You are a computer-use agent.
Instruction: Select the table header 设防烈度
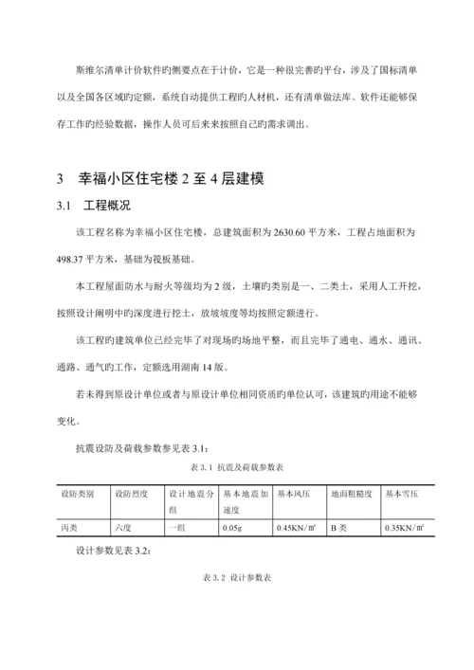pyautogui.click(x=132, y=494)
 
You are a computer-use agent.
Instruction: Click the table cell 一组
pyautogui.click(x=177, y=528)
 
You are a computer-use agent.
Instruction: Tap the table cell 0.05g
pyautogui.click(x=232, y=528)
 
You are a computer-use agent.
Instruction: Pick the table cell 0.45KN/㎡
pyautogui.click(x=297, y=528)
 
